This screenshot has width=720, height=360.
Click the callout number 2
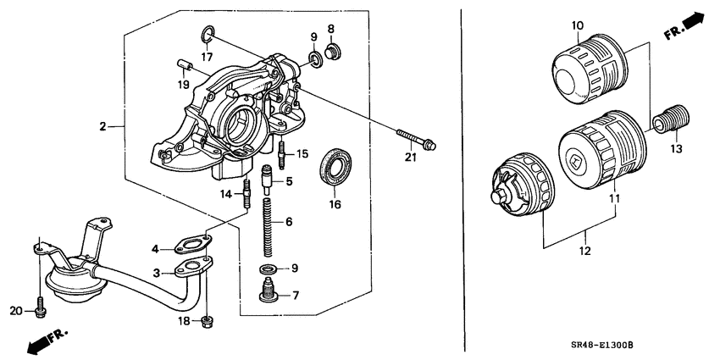pos(102,127)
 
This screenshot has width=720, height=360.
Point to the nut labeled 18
pos(207,320)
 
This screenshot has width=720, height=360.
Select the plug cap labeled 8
pos(332,53)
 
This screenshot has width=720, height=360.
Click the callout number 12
pos(584,252)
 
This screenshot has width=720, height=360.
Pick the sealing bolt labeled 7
pos(269,295)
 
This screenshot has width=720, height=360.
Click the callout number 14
pos(226,194)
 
